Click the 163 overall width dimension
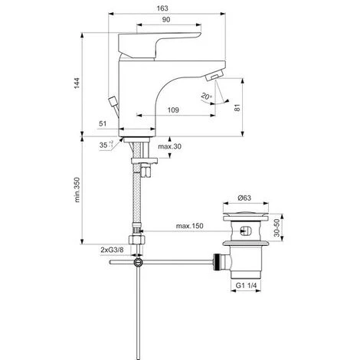click(162, 8)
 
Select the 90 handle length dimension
click(166, 20)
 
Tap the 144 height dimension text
click(77, 83)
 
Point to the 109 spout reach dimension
click(173, 110)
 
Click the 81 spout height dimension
click(237, 107)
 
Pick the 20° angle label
click(207, 97)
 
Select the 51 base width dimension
click(103, 124)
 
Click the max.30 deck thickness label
click(169, 146)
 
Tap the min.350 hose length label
click(77, 190)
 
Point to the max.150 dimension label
click(190, 226)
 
